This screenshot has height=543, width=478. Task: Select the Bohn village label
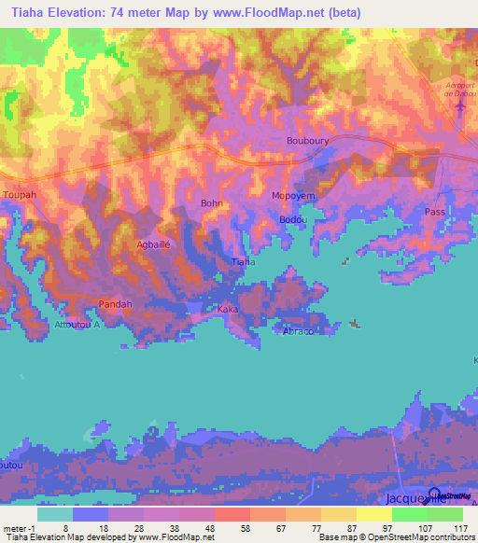tap(212, 202)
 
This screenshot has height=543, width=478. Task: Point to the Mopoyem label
tap(292, 195)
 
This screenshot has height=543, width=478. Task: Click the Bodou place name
tap(290, 219)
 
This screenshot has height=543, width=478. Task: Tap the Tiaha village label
tap(243, 262)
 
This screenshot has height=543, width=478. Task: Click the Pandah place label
tap(116, 304)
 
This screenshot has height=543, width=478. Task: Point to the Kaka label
tap(227, 309)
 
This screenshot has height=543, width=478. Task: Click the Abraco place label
tap(297, 330)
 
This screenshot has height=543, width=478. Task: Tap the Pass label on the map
tap(435, 213)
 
